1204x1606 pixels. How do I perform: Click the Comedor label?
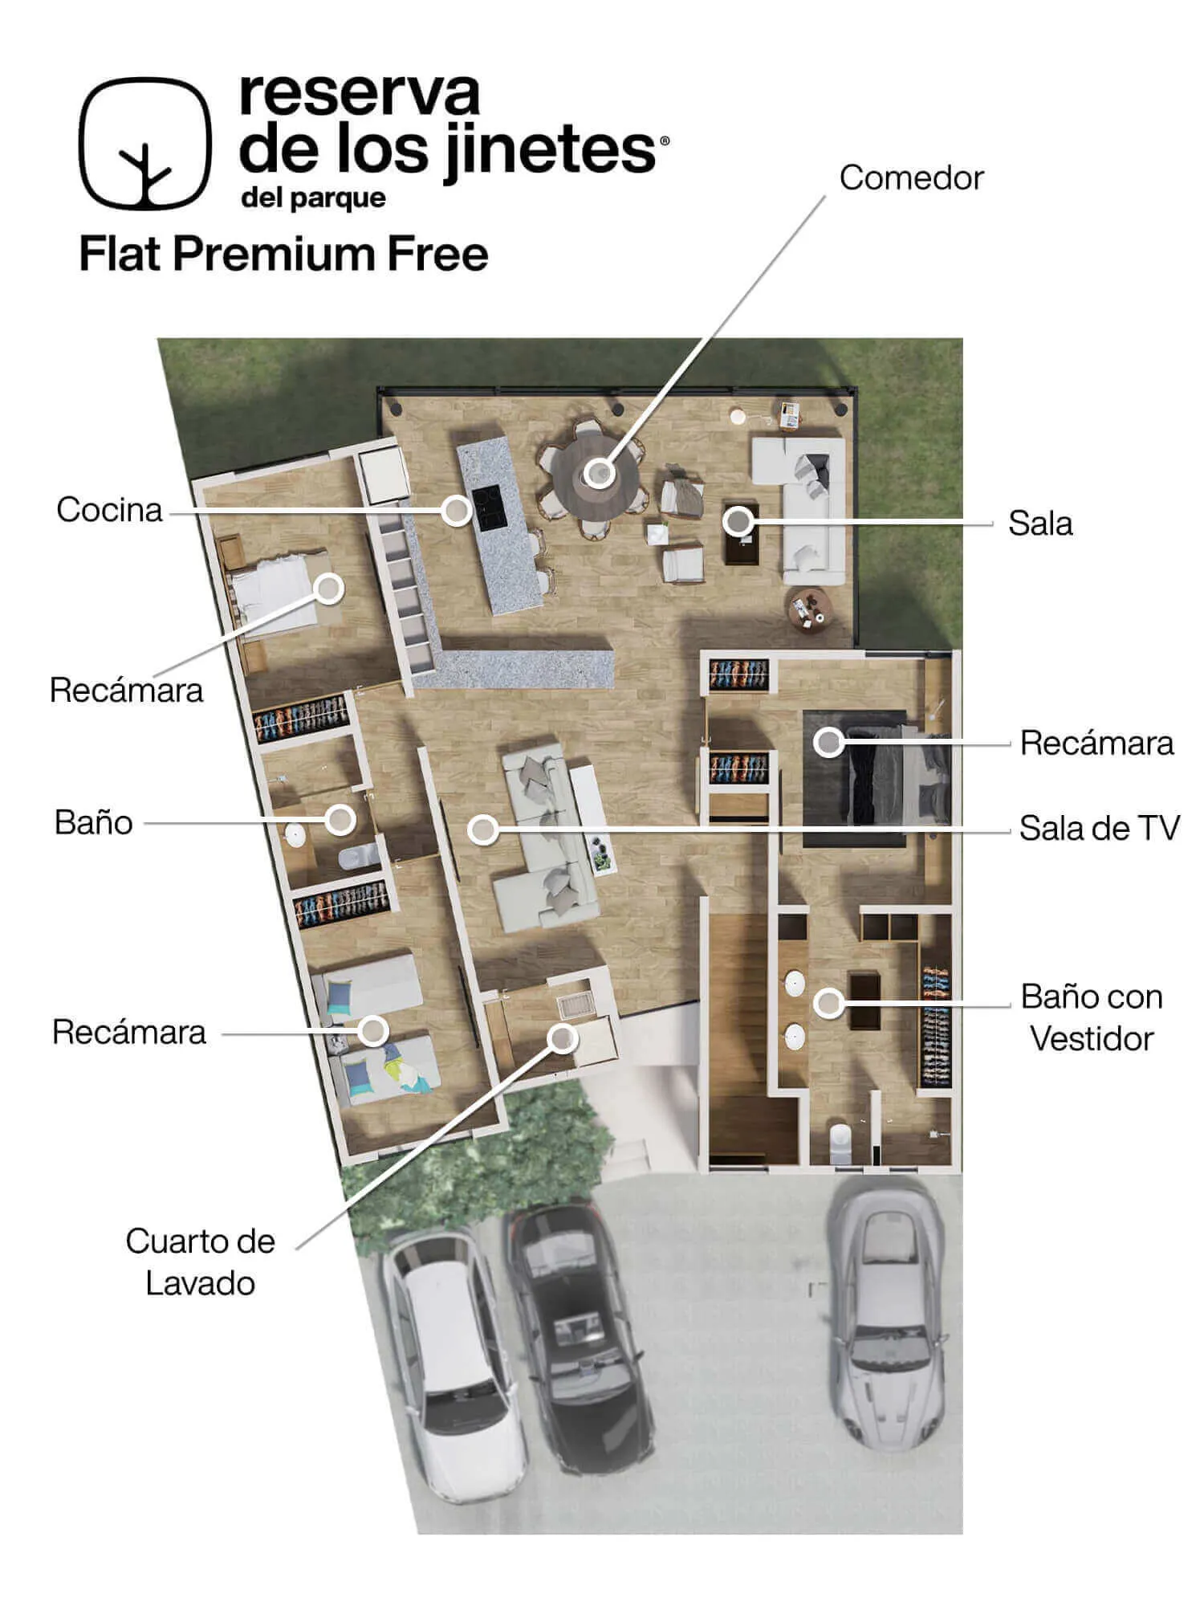[911, 178]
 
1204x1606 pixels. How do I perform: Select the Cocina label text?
[109, 510]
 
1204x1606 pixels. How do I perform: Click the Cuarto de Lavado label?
[200, 1262]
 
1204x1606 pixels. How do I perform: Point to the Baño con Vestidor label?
[1092, 1017]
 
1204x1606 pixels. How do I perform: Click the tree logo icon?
[145, 144]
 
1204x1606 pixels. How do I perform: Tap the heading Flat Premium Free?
[284, 255]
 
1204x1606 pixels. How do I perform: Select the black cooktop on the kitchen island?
[486, 507]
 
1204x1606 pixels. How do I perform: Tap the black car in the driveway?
[579, 1338]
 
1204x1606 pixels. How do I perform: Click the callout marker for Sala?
[737, 522]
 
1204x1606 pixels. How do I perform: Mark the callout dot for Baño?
[340, 820]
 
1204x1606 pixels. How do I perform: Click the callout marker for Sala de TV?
[482, 829]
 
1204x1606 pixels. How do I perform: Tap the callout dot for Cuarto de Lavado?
[563, 1038]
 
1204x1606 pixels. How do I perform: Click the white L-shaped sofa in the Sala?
[803, 509]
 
